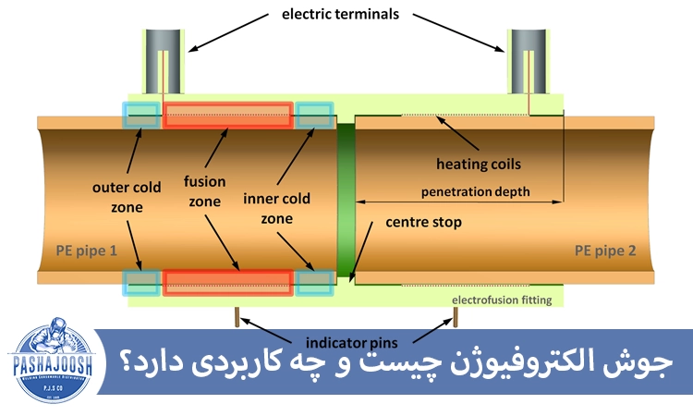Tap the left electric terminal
pos(162,59)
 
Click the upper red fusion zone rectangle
pos(228,116)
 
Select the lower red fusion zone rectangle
pos(228,283)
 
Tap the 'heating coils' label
pos(478,165)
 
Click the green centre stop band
pos(346,199)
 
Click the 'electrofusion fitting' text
pos(502,300)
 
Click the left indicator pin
pos(238,316)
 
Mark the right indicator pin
pos(456,316)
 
